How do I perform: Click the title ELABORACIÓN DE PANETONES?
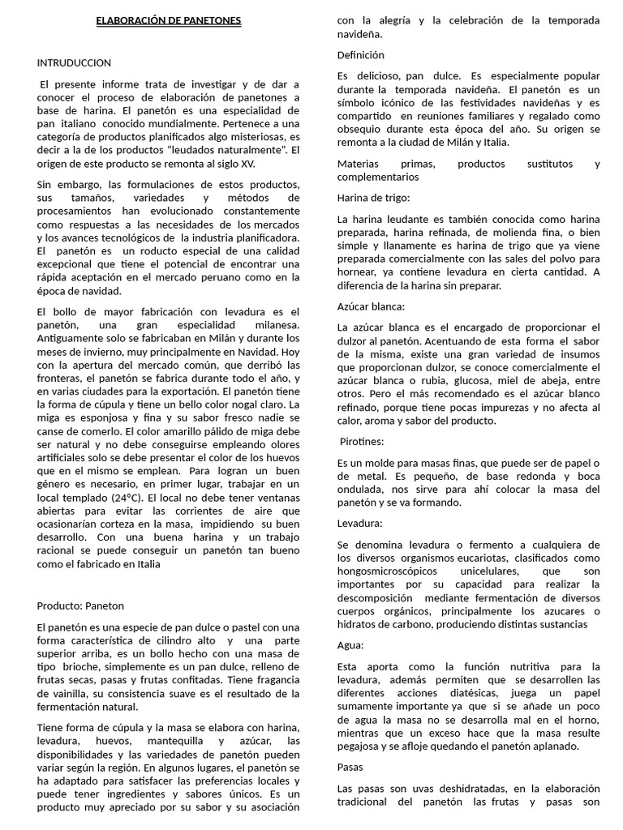(169, 19)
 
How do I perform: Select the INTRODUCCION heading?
(75, 62)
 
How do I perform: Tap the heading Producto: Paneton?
(81, 605)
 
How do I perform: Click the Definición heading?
(361, 55)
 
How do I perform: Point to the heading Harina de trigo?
(374, 198)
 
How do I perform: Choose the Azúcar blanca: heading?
(371, 306)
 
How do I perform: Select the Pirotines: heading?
(363, 441)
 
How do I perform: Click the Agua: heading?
(351, 645)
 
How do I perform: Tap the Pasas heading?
(351, 767)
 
